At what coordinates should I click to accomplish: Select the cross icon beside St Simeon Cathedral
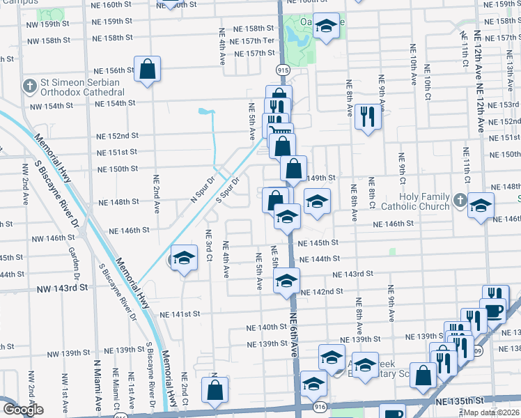pos(29,86)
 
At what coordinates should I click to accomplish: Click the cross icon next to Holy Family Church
pos(460,201)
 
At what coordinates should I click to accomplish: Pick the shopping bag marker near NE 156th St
pos(148,69)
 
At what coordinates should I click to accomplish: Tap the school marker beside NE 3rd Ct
pos(184,259)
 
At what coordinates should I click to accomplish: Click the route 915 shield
pos(282,70)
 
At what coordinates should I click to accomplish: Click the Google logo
pos(23,410)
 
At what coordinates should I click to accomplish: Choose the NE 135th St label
pos(460,402)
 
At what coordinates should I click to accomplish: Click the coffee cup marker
pos(494,310)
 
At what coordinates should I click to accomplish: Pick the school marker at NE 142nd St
pos(286,281)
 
